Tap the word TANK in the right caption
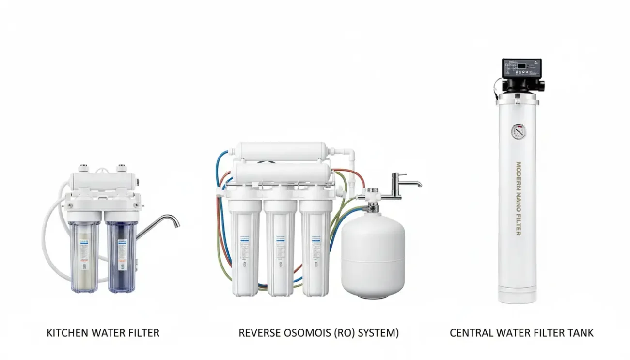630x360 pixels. [582, 333]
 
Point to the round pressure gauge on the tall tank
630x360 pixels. [518, 131]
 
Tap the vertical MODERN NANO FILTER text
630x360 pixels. [518, 199]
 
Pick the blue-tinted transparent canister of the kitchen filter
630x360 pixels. [122, 257]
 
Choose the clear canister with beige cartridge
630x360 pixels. [84, 257]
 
